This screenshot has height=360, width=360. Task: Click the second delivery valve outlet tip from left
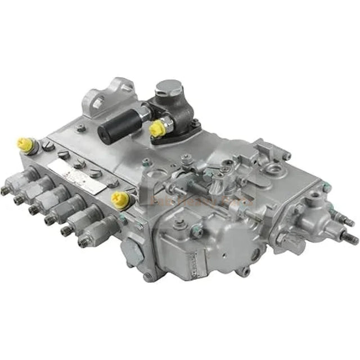pyautogui.click(x=18, y=199)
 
